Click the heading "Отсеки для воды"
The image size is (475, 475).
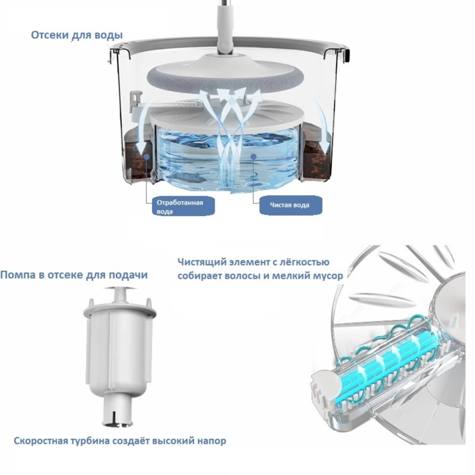click(x=77, y=35)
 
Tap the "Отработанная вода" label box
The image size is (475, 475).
click(x=182, y=207)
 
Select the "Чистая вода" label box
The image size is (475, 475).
click(x=291, y=205)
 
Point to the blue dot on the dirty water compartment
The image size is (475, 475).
click(x=146, y=156)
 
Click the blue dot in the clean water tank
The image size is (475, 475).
click(x=254, y=156)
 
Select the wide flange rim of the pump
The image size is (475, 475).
click(x=120, y=310)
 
